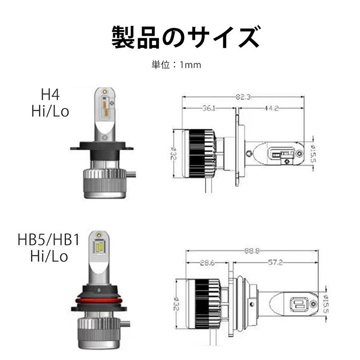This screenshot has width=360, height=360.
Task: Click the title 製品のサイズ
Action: [186, 37]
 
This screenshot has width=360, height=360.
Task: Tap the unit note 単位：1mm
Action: [176, 65]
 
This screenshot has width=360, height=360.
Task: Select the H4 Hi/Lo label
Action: [50, 103]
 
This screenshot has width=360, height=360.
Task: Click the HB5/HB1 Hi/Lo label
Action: [49, 248]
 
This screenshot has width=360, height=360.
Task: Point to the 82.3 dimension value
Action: [244, 97]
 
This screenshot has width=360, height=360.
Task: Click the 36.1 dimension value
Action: [209, 108]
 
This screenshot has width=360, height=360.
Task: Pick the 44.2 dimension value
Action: [271, 108]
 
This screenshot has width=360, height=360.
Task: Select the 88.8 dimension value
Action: [252, 251]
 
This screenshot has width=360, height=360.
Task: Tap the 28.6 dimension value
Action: [208, 263]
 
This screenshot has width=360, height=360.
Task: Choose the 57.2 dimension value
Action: [275, 262]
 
